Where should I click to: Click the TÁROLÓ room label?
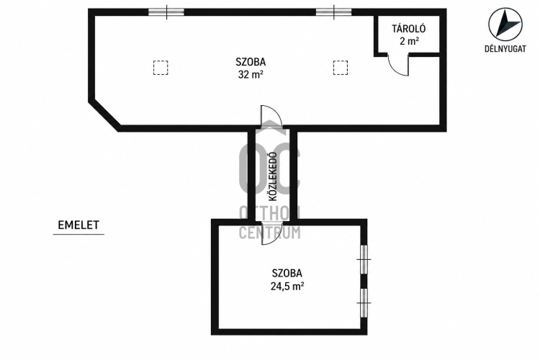point(409,28)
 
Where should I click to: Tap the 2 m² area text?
point(409,41)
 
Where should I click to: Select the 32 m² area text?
point(251,74)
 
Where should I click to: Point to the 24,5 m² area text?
point(287,286)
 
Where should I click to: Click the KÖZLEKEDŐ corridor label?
point(273,176)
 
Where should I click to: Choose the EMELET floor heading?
point(78,225)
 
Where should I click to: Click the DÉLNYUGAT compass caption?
point(505,48)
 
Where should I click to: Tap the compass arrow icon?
point(505,24)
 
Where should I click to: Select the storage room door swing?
point(398,64)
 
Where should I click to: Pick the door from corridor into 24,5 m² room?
point(272,233)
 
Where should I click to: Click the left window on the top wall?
point(166,12)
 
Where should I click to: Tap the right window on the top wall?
point(333,12)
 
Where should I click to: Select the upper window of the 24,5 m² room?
point(364,259)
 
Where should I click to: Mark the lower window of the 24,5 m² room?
point(364,303)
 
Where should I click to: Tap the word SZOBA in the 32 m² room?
point(251,62)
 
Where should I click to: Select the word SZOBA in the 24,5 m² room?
point(287,273)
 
